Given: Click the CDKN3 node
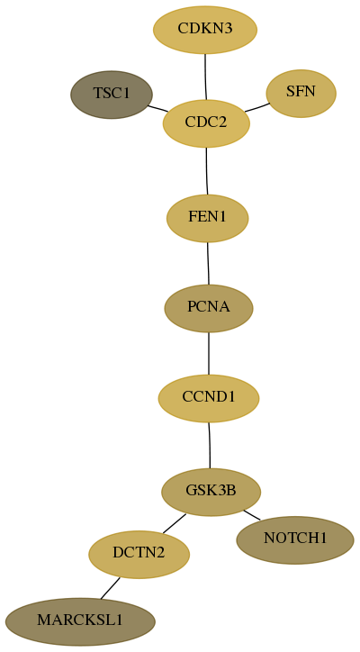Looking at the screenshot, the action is pyautogui.click(x=205, y=30).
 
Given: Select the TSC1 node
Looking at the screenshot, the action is pyautogui.click(x=112, y=95).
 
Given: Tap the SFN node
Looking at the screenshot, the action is pyautogui.click(x=301, y=93).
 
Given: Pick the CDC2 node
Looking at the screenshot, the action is pyautogui.click(x=206, y=123).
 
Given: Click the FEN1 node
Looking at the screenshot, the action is pyautogui.click(x=207, y=218).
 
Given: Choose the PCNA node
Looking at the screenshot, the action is pyautogui.click(x=209, y=308).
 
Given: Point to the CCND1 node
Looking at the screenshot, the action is pyautogui.click(x=209, y=398).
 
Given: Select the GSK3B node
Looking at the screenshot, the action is pyautogui.click(x=211, y=492).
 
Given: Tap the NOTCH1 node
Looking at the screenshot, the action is pyautogui.click(x=295, y=539).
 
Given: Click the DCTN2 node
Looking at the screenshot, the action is pyautogui.click(x=139, y=554).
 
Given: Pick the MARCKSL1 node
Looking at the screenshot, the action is pyautogui.click(x=80, y=621).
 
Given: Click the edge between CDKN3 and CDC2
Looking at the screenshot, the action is pyautogui.click(x=205, y=77).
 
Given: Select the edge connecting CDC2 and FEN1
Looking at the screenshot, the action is pyautogui.click(x=207, y=171).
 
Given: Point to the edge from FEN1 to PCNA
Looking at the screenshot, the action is pyautogui.click(x=208, y=263).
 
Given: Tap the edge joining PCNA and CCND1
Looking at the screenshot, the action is pyautogui.click(x=209, y=353).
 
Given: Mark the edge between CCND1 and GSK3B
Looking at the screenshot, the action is pyautogui.click(x=210, y=445).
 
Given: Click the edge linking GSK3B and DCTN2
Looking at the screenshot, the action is pyautogui.click(x=175, y=523).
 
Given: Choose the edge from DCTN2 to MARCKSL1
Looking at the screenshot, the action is pyautogui.click(x=110, y=588).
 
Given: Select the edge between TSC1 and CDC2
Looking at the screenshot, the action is pyautogui.click(x=157, y=108).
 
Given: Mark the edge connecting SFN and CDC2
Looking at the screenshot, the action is pyautogui.click(x=257, y=107).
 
